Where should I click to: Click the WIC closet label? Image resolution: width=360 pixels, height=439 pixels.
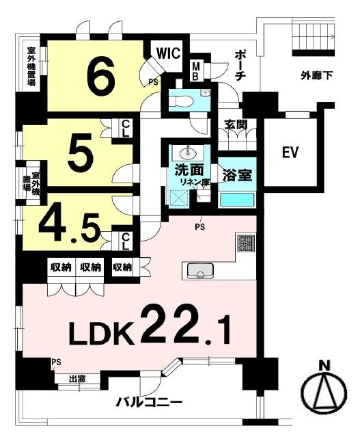(x=169, y=53)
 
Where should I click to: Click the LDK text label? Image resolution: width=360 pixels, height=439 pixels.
(x=101, y=334)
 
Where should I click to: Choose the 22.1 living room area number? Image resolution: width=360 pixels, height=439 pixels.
(x=185, y=330)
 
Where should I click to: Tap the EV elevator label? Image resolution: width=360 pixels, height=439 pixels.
(x=290, y=152)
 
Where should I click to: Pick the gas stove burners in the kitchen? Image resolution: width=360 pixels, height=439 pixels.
(x=246, y=243)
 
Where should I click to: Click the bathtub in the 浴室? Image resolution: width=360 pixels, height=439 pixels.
(x=237, y=200)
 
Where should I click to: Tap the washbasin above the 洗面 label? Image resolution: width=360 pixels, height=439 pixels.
(x=188, y=152)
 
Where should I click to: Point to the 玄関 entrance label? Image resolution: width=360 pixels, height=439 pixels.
(x=236, y=125)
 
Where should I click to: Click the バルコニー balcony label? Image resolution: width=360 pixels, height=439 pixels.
(x=150, y=403)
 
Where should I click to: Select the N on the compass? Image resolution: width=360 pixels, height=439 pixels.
(x=325, y=366)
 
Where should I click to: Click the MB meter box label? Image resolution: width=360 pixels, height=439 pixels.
(x=195, y=71)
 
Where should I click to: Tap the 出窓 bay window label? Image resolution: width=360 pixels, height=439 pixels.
(x=77, y=379)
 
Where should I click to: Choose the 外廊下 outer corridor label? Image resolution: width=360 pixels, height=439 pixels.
(x=317, y=75)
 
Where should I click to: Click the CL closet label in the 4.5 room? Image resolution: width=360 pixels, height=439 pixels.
(x=125, y=242)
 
